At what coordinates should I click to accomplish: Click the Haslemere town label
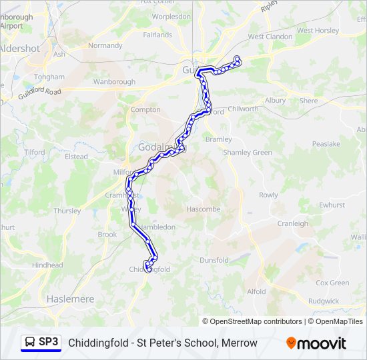pos(70,299)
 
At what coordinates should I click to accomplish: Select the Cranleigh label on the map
pos(293,224)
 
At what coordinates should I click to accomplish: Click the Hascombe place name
pos(203,209)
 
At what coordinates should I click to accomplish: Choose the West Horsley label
pos(318,31)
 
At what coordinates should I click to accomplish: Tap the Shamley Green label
pos(248,153)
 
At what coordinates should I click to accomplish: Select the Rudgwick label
pos(324,301)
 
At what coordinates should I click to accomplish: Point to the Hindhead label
pos(47,265)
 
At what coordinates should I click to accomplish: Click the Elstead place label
pos(76,157)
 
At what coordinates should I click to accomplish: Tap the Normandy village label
pos(105,46)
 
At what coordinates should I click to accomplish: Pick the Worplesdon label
pos(171,16)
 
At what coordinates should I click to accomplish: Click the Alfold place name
pos(256,291)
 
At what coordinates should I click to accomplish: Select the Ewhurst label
pos(331,205)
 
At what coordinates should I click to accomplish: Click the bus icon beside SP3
pos(30,343)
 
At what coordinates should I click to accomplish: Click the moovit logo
pos(316,343)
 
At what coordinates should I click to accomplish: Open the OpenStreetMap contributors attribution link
pos(254,321)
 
